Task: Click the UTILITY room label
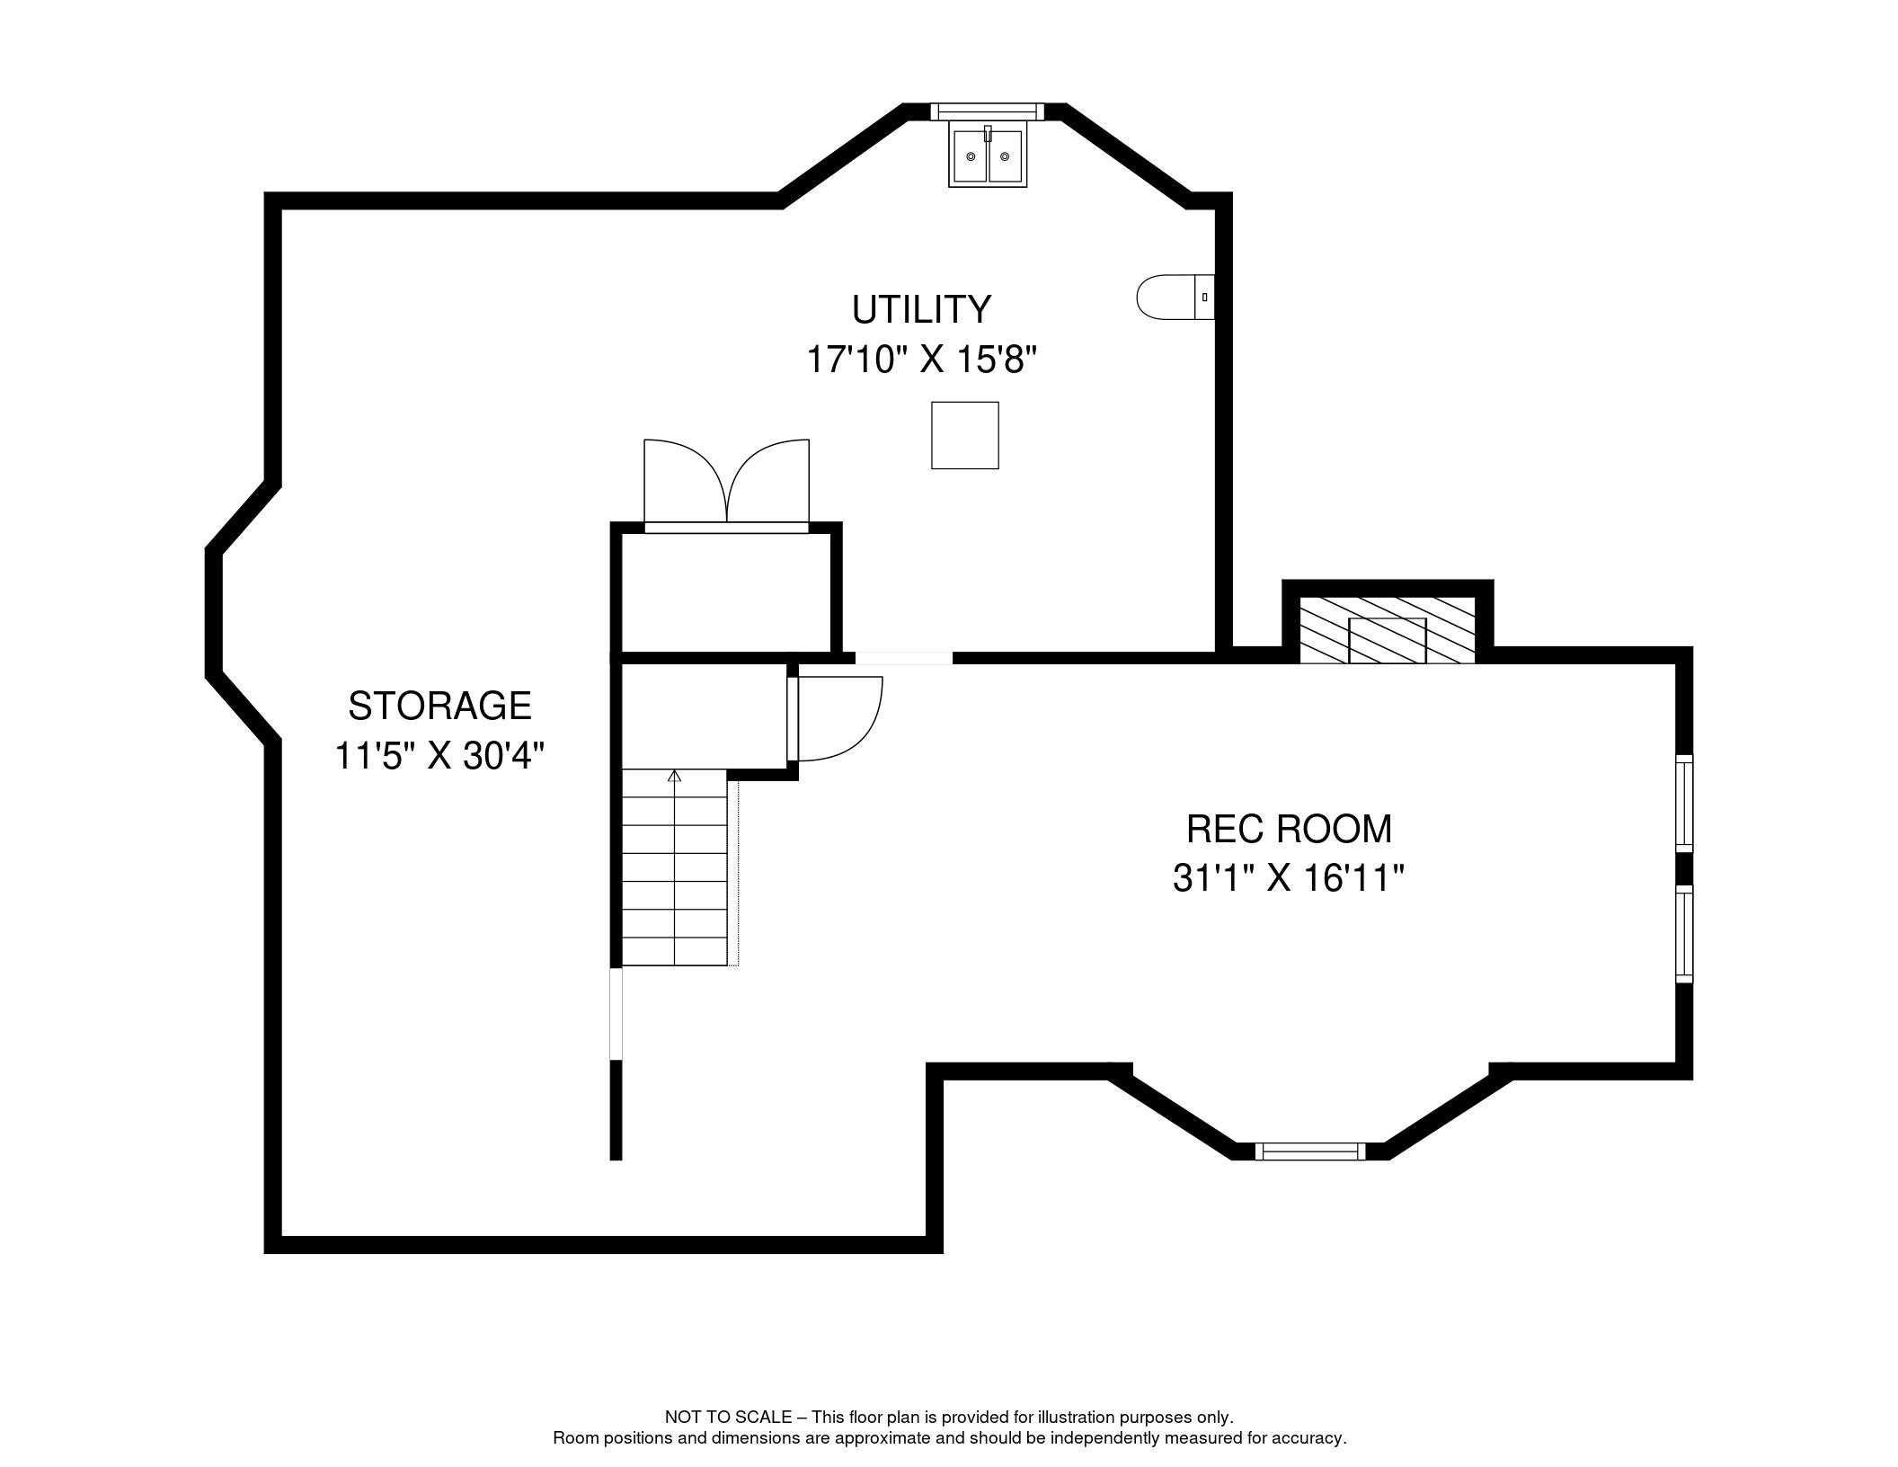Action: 921,309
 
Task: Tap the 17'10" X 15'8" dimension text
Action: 921,360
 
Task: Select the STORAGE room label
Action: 439,706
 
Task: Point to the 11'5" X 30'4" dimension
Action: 439,756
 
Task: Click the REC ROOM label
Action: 1289,829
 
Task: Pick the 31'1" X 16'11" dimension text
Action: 1288,878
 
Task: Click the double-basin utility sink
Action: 988,156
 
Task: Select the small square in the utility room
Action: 965,435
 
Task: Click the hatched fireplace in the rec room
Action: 1388,629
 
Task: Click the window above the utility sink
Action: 987,111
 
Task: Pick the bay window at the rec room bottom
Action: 1309,1151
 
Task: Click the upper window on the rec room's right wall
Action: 1684,804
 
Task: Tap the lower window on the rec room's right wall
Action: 1684,934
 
